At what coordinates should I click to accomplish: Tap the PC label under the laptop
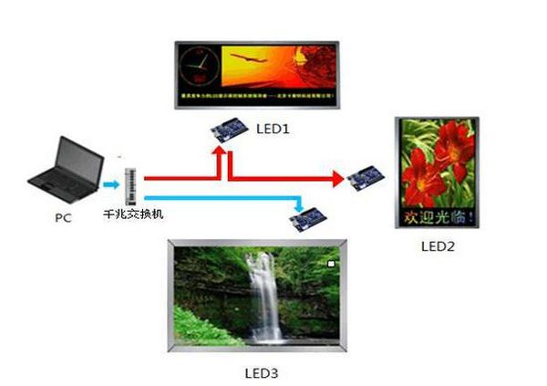[x=63, y=218]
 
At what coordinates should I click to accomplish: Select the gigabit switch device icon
[x=129, y=185]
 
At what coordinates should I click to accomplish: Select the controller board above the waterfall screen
[x=309, y=216]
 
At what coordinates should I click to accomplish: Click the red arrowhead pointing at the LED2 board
[x=338, y=177]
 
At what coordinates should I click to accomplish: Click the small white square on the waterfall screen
[x=331, y=265]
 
